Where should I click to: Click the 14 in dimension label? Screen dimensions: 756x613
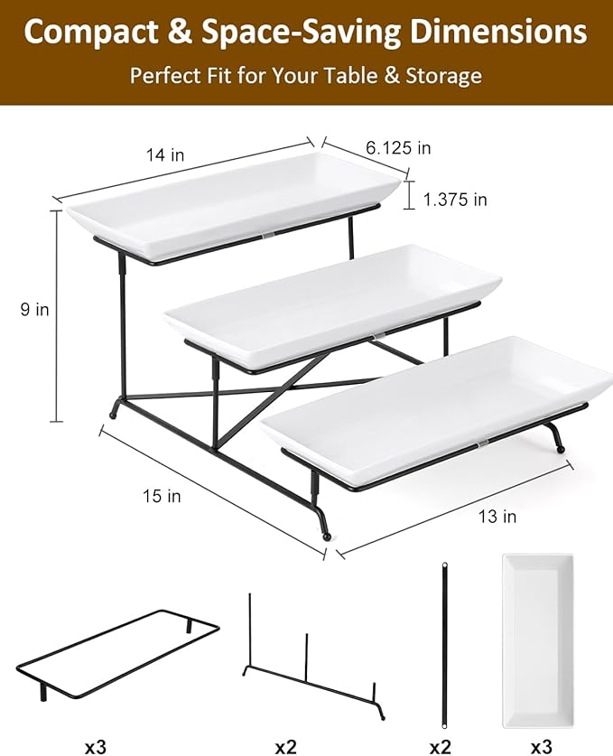pyautogui.click(x=165, y=155)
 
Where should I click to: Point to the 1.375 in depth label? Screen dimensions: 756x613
pyautogui.click(x=455, y=200)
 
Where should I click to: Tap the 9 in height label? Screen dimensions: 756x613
pyautogui.click(x=36, y=310)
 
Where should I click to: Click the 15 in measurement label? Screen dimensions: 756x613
pyautogui.click(x=162, y=496)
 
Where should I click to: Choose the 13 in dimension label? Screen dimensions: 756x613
pyautogui.click(x=497, y=517)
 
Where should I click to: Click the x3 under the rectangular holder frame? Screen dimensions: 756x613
pyautogui.click(x=96, y=747)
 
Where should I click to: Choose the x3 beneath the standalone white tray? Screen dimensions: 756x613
pyautogui.click(x=542, y=747)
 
